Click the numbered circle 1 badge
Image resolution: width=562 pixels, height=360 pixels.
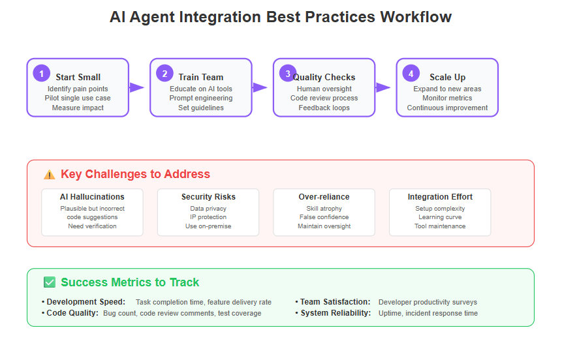[x=42, y=74]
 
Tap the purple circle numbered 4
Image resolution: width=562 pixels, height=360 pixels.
[x=411, y=74]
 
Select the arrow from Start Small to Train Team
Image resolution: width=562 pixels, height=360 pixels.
[x=136, y=87]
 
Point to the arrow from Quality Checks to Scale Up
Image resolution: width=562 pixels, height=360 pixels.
[x=383, y=87]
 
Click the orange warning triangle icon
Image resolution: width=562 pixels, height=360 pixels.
[x=50, y=174]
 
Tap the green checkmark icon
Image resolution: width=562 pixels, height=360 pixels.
[x=50, y=282]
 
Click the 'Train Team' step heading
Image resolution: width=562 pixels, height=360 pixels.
[x=201, y=77]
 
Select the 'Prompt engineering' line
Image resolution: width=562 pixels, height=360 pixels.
[x=201, y=98]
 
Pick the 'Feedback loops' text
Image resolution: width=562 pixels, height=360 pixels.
[x=324, y=108]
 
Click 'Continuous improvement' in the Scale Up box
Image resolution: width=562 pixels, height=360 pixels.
[x=447, y=108]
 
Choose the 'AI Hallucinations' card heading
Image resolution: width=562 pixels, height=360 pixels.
[x=92, y=197]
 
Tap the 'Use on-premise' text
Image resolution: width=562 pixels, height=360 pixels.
[x=208, y=226]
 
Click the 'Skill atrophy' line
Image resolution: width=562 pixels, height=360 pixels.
[x=324, y=208]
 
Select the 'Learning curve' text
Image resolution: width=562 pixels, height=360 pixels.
[x=440, y=217]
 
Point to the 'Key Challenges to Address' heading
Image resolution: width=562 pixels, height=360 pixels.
[x=135, y=174]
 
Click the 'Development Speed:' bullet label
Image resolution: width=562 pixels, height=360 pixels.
[x=86, y=301]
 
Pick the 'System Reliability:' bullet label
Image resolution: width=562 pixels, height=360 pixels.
[x=336, y=312]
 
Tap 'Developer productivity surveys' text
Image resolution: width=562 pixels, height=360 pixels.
[x=428, y=302]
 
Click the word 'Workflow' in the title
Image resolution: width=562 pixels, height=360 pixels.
[x=416, y=17]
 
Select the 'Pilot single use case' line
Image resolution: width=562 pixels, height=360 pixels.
[x=78, y=98]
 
